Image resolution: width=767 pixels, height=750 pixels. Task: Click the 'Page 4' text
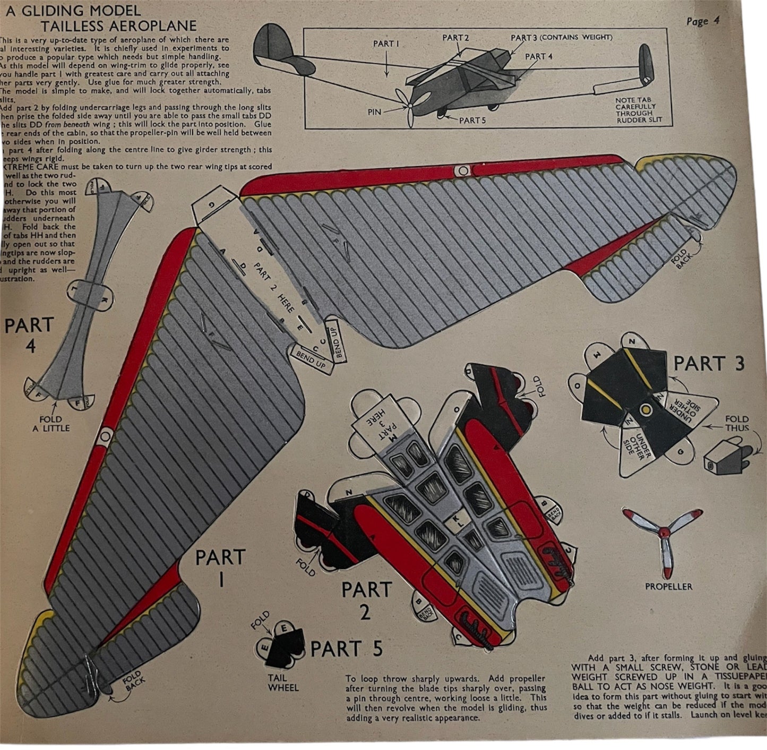(702, 21)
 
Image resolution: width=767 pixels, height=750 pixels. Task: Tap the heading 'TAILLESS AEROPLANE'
(118, 25)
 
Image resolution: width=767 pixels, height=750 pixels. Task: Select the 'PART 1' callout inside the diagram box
(386, 44)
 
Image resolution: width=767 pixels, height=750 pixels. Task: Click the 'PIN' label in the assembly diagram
(374, 112)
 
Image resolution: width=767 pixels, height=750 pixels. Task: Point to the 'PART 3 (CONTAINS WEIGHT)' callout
(561, 38)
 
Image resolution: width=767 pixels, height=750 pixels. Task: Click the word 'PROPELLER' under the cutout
(668, 587)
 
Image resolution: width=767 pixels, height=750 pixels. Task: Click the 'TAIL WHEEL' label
(283, 683)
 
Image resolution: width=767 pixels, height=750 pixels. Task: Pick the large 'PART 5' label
(346, 649)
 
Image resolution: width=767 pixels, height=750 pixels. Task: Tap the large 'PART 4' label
(29, 335)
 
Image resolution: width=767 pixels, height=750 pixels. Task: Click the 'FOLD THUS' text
(737, 423)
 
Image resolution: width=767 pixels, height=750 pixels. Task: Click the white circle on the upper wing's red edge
(463, 171)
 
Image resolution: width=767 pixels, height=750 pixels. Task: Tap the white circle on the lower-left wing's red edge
(105, 436)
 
